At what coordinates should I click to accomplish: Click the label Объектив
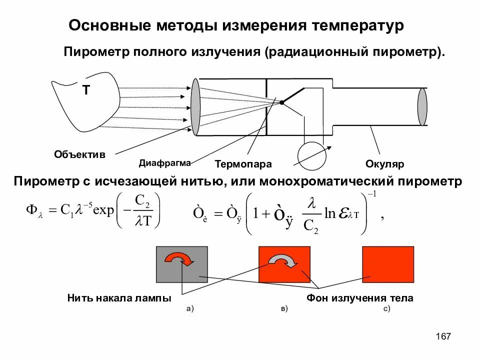click(x=80, y=154)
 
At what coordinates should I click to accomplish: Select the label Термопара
click(x=243, y=164)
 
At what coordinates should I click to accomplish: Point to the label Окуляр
click(x=385, y=164)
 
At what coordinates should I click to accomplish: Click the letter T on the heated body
click(x=85, y=90)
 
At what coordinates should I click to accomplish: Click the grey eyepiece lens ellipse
click(x=422, y=107)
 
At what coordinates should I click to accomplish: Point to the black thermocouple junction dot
click(x=281, y=102)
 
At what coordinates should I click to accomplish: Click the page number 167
click(x=443, y=336)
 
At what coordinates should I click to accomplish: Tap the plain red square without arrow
click(x=388, y=264)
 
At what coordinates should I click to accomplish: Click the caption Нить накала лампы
click(x=119, y=298)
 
